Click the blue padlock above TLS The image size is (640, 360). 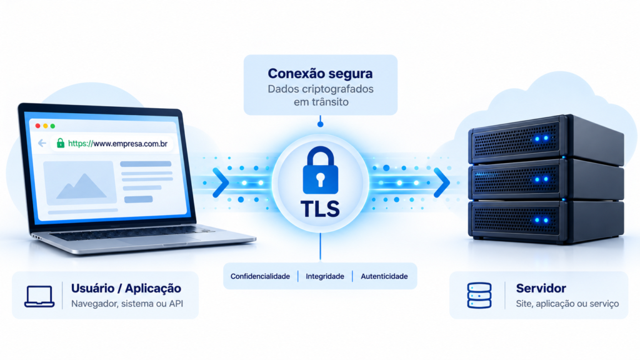point(321,170)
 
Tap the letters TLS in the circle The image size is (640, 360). point(321,209)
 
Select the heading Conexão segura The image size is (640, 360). point(321,74)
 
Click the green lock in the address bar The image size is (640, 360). point(61,143)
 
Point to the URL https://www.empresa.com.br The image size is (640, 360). point(117,144)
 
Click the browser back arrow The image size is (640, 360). point(42,143)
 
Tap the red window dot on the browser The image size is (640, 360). point(38,126)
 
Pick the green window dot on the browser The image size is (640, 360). point(52,126)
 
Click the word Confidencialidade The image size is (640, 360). point(260,276)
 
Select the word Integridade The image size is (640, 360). point(325,276)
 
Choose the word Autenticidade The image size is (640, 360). point(384,276)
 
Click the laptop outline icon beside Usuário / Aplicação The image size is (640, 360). point(39,296)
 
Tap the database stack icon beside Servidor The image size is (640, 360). point(479,296)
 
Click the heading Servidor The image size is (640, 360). point(541,288)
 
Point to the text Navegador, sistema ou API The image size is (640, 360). point(127,304)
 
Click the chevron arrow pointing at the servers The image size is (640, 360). point(442,183)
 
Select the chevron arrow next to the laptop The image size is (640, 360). point(221,183)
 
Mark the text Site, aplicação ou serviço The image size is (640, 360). point(567,304)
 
